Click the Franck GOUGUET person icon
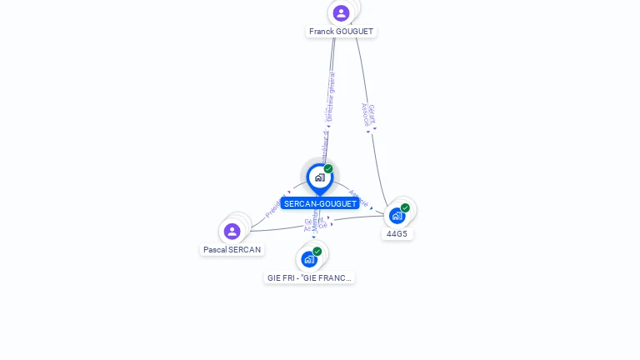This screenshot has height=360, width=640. point(341,12)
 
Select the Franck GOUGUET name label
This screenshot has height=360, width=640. point(341,32)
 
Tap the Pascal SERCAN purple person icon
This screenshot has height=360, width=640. point(232,231)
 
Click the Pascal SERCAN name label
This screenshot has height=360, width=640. point(232,249)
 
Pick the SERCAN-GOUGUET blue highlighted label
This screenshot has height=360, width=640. point(320,203)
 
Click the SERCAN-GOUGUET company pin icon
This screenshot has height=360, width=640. point(319,177)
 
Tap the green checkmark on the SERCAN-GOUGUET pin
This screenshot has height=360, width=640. point(328,169)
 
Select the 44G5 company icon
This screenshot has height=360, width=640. point(397,215)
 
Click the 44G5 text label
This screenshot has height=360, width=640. point(397,234)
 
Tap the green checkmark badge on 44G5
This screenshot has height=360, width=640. point(405,207)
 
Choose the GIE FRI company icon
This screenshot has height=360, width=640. point(309,258)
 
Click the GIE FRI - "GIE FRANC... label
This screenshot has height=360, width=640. point(309,277)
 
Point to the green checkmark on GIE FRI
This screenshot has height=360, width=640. point(317,251)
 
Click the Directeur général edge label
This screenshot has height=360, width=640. point(330,97)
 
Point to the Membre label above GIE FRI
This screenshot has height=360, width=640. point(316,221)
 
